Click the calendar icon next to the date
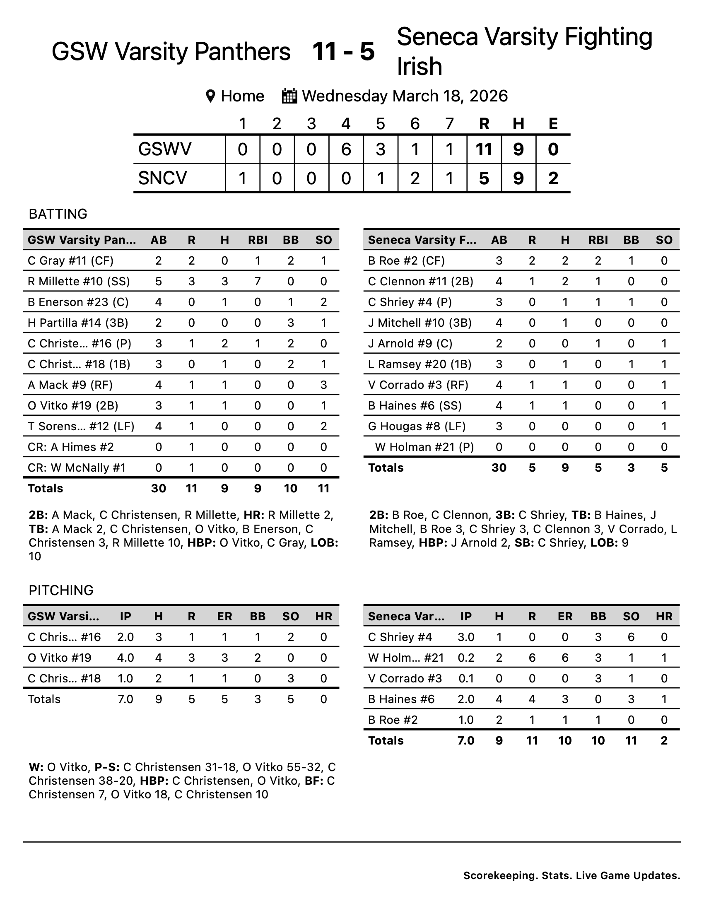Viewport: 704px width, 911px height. tap(289, 96)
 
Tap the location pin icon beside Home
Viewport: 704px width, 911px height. tap(211, 96)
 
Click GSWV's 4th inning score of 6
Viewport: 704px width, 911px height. tap(346, 149)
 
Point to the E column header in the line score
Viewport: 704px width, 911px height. tap(553, 123)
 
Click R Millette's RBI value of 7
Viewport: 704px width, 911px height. tap(258, 281)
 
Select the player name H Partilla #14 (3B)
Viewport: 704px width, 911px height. tap(78, 323)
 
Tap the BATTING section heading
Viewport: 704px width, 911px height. tap(58, 214)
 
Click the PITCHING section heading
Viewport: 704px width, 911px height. tap(61, 590)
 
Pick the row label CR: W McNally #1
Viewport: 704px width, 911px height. tap(77, 468)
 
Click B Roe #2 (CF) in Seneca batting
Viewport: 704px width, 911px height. tap(406, 261)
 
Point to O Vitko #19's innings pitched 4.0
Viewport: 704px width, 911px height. tap(125, 658)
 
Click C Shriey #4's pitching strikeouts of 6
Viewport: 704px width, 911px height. tap(631, 637)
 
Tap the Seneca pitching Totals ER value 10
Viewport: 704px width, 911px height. tap(565, 740)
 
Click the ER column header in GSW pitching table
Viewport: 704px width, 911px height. tap(224, 616)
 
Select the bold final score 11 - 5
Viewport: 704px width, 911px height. tap(343, 51)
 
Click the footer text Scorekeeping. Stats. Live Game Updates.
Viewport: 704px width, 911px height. tap(571, 875)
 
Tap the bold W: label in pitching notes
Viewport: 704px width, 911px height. tap(36, 767)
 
